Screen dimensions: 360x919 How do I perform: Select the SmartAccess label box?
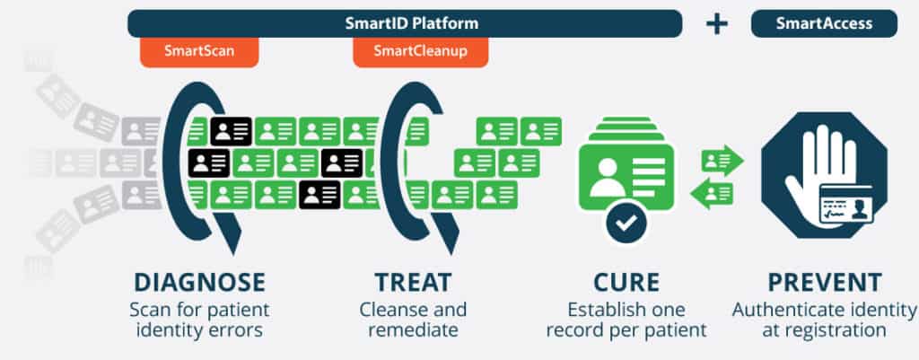click(x=824, y=22)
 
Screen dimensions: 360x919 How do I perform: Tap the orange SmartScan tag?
click(x=199, y=51)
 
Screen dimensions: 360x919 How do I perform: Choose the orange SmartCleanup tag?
click(x=420, y=51)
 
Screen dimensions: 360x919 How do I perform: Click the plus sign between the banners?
click(x=716, y=23)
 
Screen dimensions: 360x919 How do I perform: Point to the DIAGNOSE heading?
click(x=199, y=281)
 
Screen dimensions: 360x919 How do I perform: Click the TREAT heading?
click(x=413, y=281)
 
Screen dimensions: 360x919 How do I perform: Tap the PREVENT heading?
click(x=823, y=281)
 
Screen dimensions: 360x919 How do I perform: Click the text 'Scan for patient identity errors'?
click(x=199, y=320)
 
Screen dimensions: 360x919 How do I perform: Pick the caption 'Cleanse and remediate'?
click(x=413, y=320)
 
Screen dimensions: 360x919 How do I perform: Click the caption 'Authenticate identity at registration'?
click(x=823, y=320)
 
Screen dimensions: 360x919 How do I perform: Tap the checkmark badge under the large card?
click(x=626, y=221)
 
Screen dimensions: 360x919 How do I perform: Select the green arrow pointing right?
click(x=722, y=161)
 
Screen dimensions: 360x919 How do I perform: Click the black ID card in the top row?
click(x=231, y=132)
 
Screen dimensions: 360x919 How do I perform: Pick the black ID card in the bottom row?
click(x=319, y=194)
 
